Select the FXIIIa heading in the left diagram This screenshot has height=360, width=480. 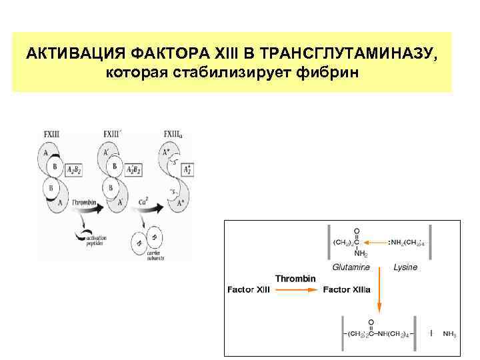coord(174,133)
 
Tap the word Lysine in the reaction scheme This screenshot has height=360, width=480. coord(405,267)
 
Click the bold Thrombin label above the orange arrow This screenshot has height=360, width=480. coord(295,279)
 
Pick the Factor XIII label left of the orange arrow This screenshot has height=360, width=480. coord(249,290)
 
